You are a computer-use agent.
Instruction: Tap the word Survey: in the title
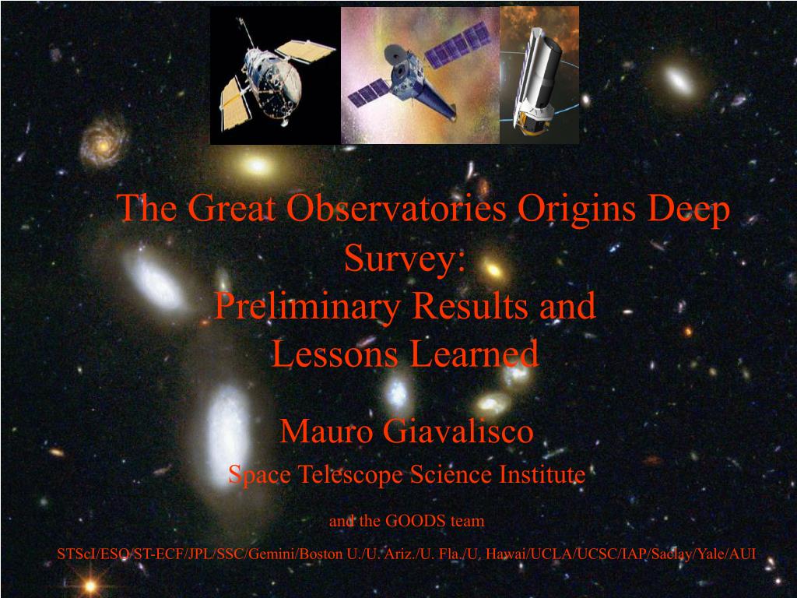pos(405,259)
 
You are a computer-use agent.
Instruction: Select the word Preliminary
pos(307,307)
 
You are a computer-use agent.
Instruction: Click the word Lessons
pos(335,354)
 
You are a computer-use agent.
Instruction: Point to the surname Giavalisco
pos(458,431)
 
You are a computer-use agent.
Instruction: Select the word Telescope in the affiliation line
pos(350,475)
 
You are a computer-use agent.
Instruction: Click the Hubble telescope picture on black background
pos(275,76)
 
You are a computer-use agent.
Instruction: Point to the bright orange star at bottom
pos(90,586)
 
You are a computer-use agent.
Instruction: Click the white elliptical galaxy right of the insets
pos(679,80)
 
